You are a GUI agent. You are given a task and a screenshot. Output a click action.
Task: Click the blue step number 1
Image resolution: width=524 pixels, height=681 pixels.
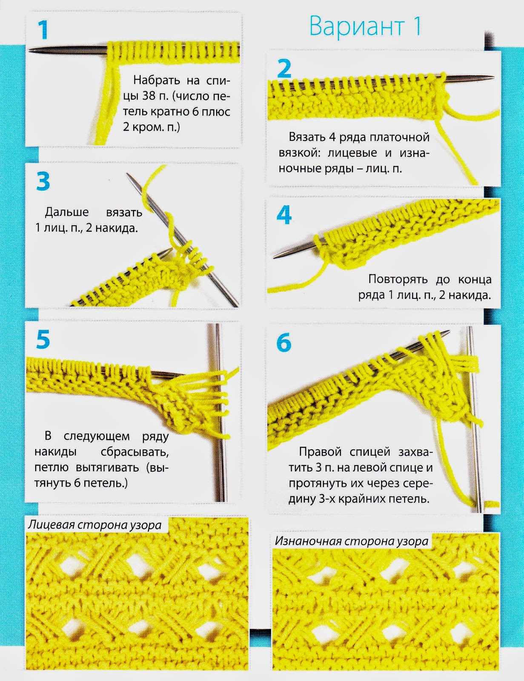[x=43, y=30]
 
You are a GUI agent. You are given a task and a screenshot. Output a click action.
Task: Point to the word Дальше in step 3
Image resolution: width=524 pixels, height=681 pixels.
[x=67, y=212]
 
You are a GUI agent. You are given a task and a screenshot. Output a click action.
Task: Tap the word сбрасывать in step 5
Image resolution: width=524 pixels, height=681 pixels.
[x=135, y=452]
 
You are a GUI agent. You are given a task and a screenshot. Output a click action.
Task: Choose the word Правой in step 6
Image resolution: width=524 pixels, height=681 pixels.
[x=320, y=452]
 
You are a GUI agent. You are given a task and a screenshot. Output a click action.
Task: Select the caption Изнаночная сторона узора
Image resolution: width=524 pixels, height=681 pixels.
[x=351, y=541]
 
